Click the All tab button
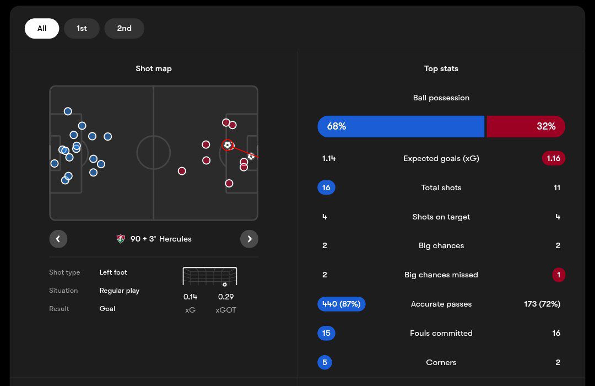click(42, 29)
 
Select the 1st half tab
click(82, 29)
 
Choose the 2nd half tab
click(124, 29)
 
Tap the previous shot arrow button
click(58, 239)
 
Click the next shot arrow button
click(249, 239)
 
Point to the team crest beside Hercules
click(121, 239)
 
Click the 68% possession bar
click(401, 126)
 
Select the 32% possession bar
click(526, 126)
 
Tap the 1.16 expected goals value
click(553, 158)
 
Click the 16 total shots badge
click(326, 187)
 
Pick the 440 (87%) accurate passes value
click(342, 304)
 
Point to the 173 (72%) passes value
click(542, 304)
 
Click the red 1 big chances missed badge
click(558, 275)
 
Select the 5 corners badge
click(324, 362)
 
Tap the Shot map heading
click(154, 68)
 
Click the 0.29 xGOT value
click(226, 297)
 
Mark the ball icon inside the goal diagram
click(224, 285)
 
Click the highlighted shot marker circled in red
click(228, 145)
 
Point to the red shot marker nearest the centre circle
click(182, 171)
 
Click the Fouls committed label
click(441, 333)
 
